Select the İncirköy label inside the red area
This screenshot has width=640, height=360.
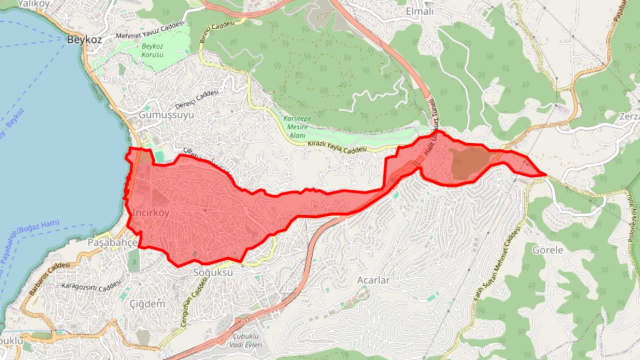click(150, 213)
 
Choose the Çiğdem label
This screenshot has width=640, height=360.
click(147, 301)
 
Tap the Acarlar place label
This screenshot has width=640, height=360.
click(372, 280)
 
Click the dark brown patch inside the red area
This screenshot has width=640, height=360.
click(468, 162)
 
